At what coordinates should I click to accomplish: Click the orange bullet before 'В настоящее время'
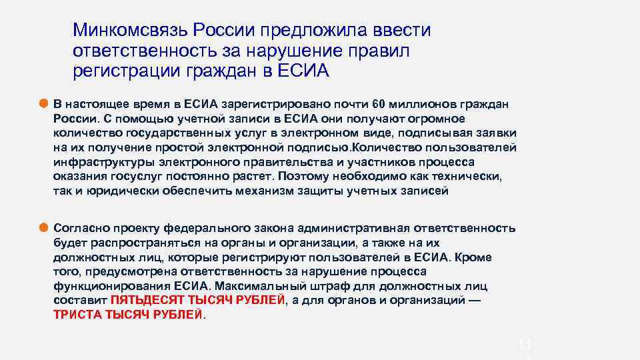(44, 103)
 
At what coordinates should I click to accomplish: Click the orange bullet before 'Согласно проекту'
(44, 227)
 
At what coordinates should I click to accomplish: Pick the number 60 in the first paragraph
(379, 104)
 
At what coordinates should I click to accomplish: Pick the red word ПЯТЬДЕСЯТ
(140, 301)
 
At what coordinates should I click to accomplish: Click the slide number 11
(525, 345)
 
